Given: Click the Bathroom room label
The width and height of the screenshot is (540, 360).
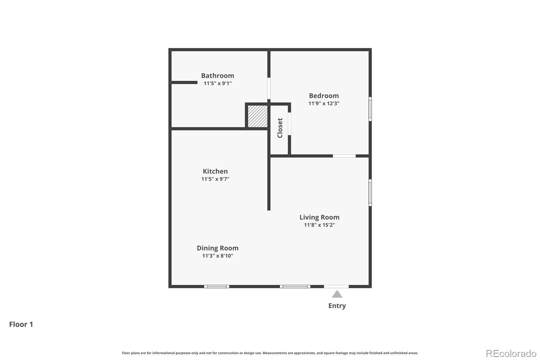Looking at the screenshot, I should pos(217,76).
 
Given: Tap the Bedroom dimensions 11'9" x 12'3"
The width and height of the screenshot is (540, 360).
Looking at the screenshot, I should pos(324,103).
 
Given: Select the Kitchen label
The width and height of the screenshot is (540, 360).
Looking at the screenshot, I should pos(215,171).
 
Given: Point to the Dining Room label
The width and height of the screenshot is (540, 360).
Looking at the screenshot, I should pos(217,248).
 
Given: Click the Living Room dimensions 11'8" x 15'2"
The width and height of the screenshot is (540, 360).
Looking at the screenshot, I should pos(319,225).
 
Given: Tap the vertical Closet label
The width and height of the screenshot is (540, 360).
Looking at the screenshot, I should pos(280,128).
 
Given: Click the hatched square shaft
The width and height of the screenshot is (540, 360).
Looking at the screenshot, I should pos(258,117).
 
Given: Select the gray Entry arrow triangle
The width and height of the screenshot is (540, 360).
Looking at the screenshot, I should pos(337,294).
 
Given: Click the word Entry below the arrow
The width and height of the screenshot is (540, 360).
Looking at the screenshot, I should pos(337,306).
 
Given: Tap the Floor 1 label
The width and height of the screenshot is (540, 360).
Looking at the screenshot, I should pos(21,324).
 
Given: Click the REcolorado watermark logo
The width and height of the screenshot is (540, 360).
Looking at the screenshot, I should pos(511,353).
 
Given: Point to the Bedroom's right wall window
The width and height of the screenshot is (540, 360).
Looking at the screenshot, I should pos(370,109).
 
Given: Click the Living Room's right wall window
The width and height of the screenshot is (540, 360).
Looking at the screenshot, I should pos(370,192).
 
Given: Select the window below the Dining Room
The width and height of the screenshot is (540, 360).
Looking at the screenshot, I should pos(216,286).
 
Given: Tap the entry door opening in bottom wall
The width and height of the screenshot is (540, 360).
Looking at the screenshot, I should pos(336,286).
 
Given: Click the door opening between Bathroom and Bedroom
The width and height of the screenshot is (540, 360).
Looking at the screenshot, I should pos(269,88).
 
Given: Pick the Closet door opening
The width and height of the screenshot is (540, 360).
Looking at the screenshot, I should pos(289,124).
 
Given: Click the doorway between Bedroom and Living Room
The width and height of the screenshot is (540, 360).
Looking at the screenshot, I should pos(344,156).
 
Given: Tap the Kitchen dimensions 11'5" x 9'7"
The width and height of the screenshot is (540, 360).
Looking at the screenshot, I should pos(215,179).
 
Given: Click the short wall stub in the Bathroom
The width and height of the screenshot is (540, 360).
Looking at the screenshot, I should pos(184,82).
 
